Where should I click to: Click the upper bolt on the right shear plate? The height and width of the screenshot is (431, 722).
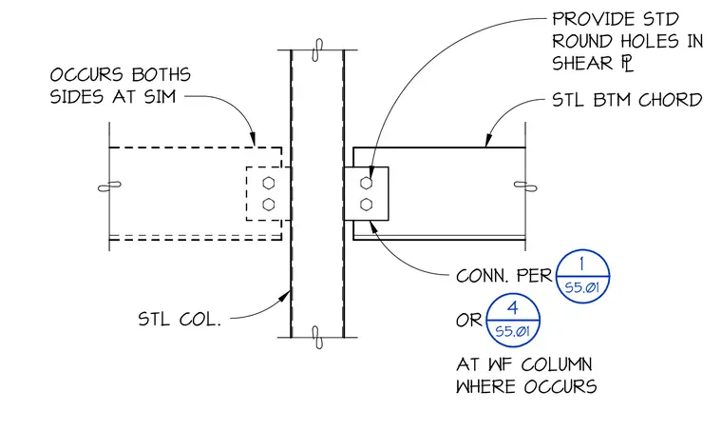(366, 183)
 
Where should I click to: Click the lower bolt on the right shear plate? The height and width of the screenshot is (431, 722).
(366, 205)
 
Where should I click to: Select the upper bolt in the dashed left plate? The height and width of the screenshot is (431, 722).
(269, 183)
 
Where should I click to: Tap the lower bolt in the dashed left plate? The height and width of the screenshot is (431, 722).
(269, 205)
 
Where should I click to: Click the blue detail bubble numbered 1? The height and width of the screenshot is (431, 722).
(582, 276)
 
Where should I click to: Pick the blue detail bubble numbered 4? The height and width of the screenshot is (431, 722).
(513, 320)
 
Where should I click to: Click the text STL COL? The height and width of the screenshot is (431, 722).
(180, 319)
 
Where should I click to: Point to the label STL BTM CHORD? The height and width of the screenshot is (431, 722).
(627, 100)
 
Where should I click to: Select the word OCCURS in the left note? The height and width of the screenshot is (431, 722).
(86, 74)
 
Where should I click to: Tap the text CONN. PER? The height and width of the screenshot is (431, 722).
(503, 276)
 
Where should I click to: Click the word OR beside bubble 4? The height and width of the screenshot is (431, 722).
(468, 320)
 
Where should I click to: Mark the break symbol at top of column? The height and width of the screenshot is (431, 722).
(316, 49)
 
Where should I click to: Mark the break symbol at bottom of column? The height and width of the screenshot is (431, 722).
(317, 338)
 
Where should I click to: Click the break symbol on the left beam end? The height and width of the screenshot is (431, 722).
(109, 186)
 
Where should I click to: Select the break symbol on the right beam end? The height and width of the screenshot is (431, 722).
(525, 186)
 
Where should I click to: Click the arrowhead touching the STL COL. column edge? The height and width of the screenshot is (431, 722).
(285, 297)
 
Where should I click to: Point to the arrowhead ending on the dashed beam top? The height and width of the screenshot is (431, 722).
(253, 139)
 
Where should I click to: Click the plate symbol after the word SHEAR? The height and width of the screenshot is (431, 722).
(628, 63)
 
